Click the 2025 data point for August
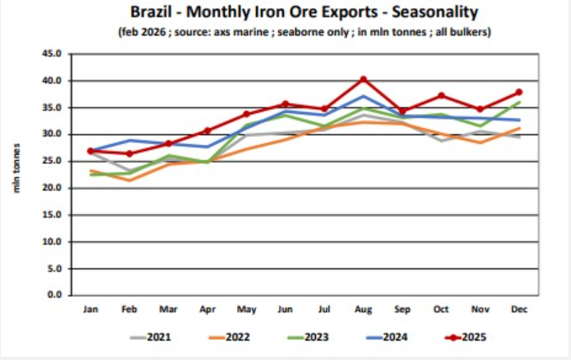(363, 80)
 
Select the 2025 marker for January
(90, 151)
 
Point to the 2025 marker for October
(441, 96)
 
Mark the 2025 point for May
(247, 114)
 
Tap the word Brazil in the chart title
(150, 13)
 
